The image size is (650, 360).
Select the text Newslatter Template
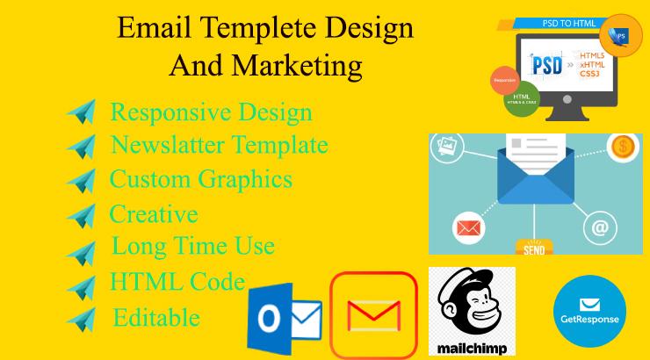(x=219, y=145)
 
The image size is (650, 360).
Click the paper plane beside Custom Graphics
(x=81, y=180)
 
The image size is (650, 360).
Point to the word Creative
(x=153, y=213)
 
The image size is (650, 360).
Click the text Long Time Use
(x=192, y=246)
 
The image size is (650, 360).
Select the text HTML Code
(x=177, y=282)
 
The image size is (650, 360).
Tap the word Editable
(x=155, y=317)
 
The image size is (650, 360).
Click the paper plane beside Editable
(x=81, y=318)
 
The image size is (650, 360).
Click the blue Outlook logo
(x=283, y=319)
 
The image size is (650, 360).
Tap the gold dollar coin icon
(x=624, y=148)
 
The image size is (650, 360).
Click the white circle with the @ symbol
(x=600, y=228)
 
